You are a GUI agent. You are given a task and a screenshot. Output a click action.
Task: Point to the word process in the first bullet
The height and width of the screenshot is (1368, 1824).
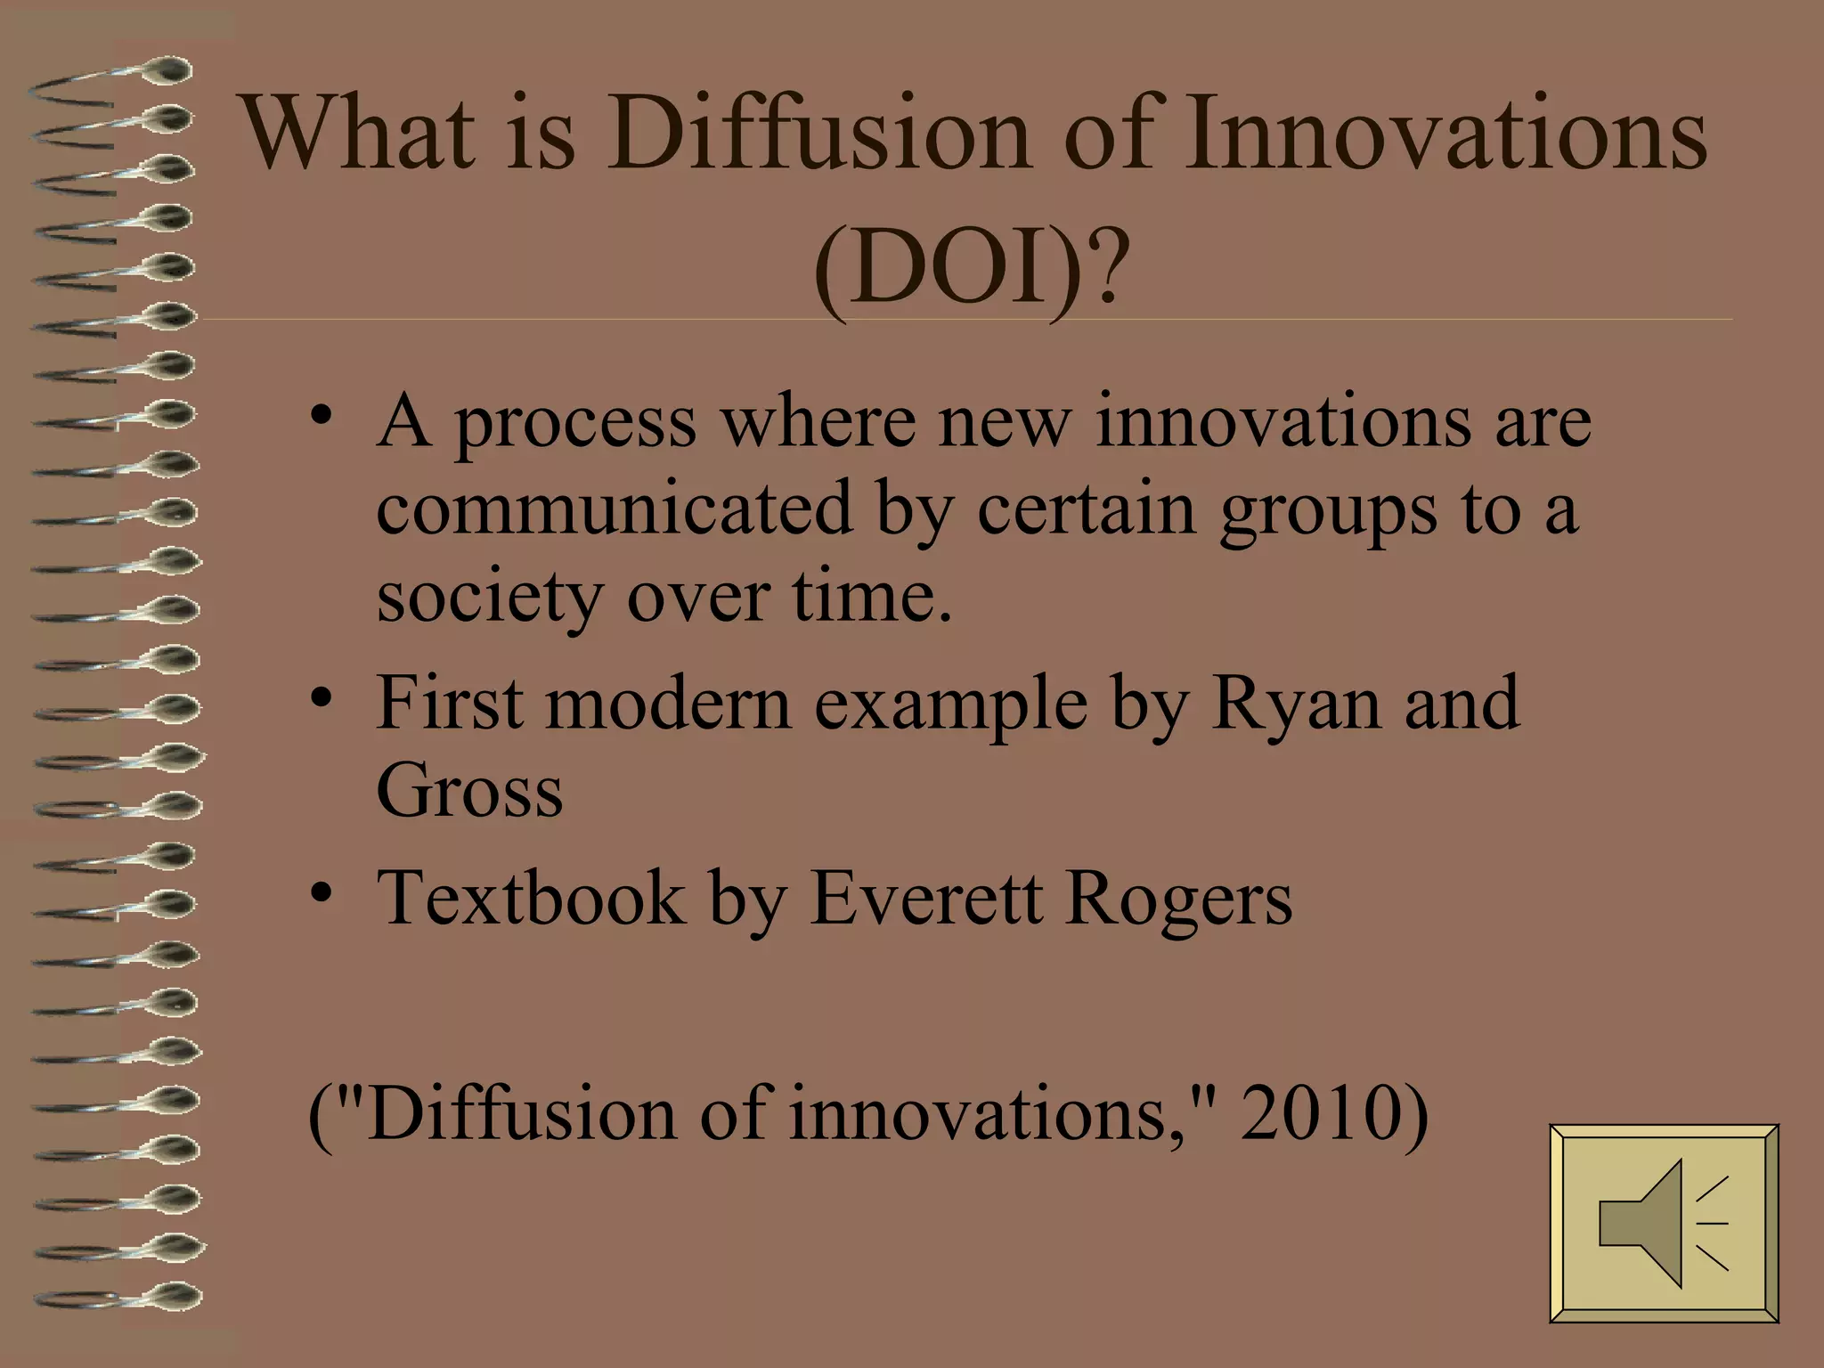coord(575,423)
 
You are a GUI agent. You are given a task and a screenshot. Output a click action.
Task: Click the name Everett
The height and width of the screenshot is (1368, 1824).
coord(925,898)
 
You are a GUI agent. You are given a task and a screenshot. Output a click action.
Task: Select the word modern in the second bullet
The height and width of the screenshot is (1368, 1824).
coord(668,704)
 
